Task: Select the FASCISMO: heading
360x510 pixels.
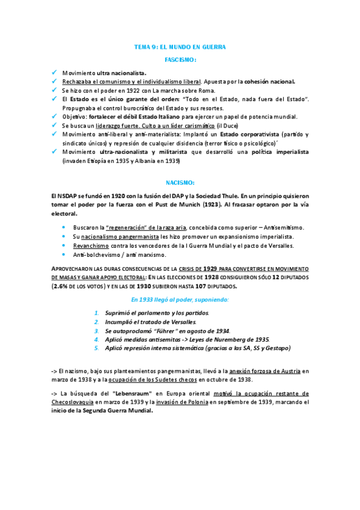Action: point(180,60)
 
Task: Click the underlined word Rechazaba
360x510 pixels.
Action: point(76,81)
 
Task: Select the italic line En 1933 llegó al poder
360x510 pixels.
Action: point(180,300)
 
